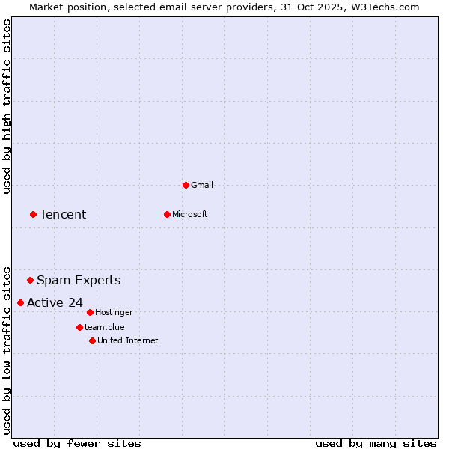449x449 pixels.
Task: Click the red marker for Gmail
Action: [186, 185]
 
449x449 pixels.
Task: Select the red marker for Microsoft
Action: [167, 214]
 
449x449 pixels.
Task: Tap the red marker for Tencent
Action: [33, 214]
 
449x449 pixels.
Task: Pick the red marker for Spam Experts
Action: [30, 281]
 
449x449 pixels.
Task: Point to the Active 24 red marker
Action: [20, 302]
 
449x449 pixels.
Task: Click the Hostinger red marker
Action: [90, 312]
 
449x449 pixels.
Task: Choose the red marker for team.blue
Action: [79, 327]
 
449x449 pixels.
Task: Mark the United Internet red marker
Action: [92, 340]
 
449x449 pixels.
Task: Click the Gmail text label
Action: [202, 185]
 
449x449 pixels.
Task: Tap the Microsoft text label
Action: [190, 214]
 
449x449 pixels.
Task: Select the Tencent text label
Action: [63, 215]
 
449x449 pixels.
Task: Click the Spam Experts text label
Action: [79, 281]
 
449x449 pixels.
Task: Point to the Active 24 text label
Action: [55, 302]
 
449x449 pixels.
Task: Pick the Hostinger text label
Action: [114, 312]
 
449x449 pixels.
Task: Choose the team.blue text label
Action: [105, 327]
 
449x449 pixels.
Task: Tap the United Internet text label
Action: [128, 340]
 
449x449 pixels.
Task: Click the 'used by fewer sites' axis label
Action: [77, 443]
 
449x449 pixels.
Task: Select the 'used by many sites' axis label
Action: [376, 443]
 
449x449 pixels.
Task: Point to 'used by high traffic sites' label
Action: [7, 106]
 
